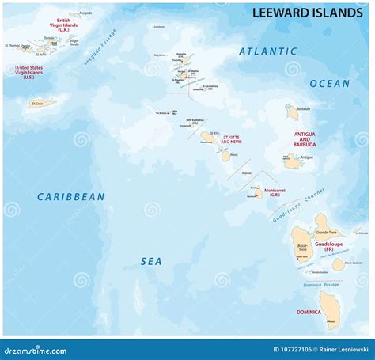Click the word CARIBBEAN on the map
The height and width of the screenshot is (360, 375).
coord(70,196)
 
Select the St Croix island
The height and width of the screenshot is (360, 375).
coord(43,104)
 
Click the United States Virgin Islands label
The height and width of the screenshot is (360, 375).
coord(29,73)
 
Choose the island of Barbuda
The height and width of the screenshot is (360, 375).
coord(293,114)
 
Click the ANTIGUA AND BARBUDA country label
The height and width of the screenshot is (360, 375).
coord(305,140)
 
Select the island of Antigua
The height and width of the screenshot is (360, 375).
coord(293,161)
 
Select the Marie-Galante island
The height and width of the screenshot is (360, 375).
coord(339,264)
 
